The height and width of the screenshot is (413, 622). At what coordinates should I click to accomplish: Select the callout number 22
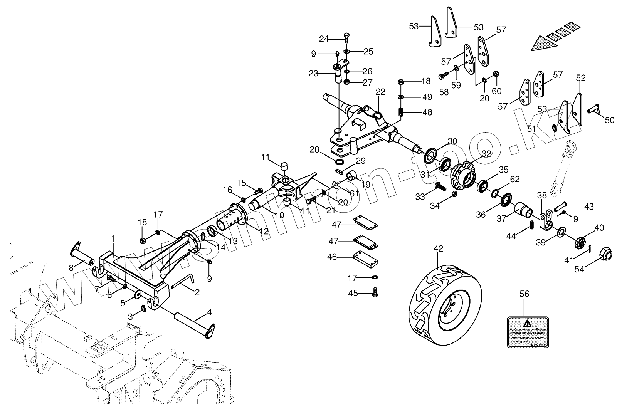pos(380,92)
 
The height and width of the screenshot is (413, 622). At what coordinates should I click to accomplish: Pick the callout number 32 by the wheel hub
pos(487,153)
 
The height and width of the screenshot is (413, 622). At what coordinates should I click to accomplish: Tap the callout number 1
pos(113,239)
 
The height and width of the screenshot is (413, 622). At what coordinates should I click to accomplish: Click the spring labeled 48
pos(401,112)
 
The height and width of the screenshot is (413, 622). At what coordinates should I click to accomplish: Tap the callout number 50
pos(609,120)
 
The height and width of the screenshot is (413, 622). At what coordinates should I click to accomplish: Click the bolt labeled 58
pos(442,76)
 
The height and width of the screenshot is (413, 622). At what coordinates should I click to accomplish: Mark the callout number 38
pos(542,196)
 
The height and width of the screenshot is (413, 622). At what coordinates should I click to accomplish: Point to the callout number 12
pos(264,231)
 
